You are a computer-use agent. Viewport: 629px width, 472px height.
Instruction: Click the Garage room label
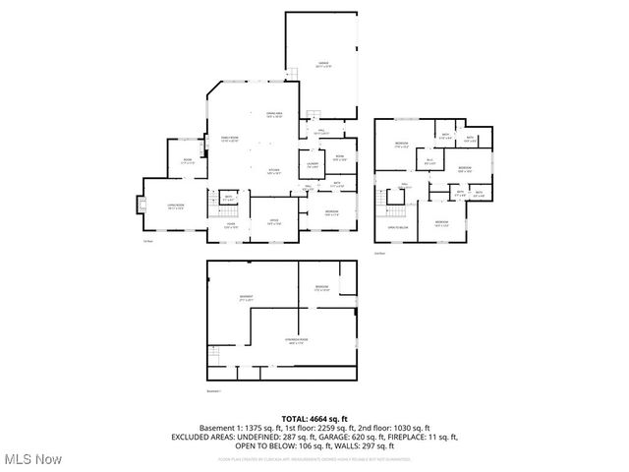pos(323,64)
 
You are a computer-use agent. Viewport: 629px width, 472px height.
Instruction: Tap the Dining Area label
pos(274,115)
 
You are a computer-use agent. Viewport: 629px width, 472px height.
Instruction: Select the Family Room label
pos(229,139)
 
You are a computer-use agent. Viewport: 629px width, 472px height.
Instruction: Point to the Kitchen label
pos(274,171)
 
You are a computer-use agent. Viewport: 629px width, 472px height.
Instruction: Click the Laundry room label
pos(312,165)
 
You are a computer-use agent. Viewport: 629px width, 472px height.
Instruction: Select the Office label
pos(274,221)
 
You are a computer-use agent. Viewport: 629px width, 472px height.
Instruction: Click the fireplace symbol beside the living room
pos(140,206)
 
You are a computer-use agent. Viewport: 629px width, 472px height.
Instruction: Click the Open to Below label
pos(398,227)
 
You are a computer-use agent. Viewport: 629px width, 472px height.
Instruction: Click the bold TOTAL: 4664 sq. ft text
pos(315,419)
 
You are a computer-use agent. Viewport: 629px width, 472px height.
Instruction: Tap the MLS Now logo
pos(31,459)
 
